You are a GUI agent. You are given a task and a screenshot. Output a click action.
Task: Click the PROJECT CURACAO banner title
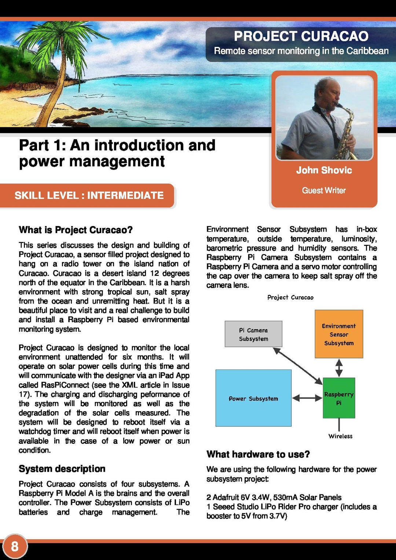[301, 36]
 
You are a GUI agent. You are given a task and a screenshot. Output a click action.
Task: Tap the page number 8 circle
[15, 546]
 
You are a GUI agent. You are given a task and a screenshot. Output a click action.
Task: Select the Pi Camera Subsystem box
[253, 334]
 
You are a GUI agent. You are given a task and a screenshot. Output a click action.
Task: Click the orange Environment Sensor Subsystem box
[339, 334]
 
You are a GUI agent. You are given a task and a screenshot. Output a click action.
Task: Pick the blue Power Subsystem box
[253, 398]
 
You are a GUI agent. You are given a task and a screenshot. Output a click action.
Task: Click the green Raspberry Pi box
[339, 398]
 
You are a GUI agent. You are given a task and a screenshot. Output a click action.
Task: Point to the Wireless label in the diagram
[340, 436]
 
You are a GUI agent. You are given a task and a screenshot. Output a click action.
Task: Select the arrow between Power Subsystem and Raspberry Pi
[307, 398]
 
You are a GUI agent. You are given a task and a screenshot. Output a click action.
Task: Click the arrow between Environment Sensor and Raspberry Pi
[339, 368]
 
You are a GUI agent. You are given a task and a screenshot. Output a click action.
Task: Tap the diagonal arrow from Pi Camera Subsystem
[298, 366]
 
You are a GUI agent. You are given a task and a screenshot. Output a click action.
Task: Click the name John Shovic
[324, 170]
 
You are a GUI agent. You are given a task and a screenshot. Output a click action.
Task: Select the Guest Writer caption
[324, 191]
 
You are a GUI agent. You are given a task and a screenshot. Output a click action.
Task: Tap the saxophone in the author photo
[346, 132]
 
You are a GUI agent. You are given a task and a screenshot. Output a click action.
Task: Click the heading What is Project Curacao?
[76, 230]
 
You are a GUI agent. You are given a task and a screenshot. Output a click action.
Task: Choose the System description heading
[62, 469]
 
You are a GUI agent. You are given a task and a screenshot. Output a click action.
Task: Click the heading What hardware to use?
[258, 454]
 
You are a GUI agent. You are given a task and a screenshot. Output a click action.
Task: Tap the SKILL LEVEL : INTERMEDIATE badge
[89, 195]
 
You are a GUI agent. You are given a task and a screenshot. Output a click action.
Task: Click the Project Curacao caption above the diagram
[290, 298]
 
